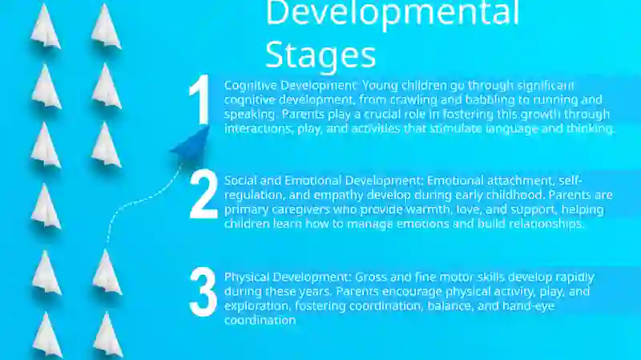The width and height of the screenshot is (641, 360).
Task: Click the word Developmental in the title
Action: (x=393, y=13)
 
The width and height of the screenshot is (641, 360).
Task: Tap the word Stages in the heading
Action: (x=321, y=55)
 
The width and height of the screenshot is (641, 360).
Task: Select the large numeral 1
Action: (x=200, y=99)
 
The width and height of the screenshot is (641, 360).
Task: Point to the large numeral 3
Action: (x=204, y=292)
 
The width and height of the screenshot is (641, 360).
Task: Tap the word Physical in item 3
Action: (x=247, y=277)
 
